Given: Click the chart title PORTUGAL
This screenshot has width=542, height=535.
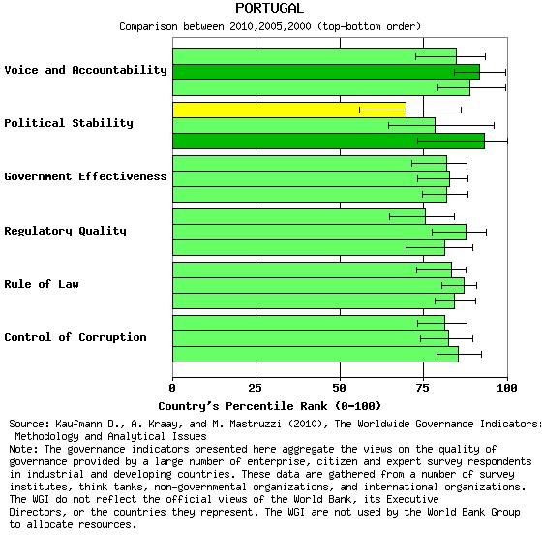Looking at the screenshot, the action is click(269, 8).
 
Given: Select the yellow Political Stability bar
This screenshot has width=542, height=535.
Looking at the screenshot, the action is click(289, 110).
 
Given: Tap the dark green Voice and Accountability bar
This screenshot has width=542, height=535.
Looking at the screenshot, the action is click(326, 72).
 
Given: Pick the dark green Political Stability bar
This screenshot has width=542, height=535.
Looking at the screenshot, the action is click(329, 141).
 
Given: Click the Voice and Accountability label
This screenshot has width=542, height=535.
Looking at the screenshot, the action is click(86, 70).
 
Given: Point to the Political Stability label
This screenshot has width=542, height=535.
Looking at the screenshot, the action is click(69, 123).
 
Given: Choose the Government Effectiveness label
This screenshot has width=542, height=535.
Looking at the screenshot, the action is click(86, 176).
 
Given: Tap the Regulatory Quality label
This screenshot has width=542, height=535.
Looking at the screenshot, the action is click(66, 231).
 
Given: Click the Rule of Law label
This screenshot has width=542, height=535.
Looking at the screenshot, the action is click(42, 284).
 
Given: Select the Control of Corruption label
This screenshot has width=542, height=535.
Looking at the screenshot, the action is click(75, 337).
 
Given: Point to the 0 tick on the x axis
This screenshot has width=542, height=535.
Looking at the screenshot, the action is click(172, 388).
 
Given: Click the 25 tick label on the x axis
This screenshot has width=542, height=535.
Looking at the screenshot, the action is click(256, 388).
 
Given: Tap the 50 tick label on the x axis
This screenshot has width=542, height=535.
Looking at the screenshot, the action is click(339, 388).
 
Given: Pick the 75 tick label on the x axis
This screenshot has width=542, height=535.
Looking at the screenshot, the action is click(423, 388).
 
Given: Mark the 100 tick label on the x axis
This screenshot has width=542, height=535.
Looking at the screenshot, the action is click(507, 388).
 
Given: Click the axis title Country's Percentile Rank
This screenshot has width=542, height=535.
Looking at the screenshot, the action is click(270, 406).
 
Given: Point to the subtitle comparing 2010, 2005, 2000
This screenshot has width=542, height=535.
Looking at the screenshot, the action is click(270, 26).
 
